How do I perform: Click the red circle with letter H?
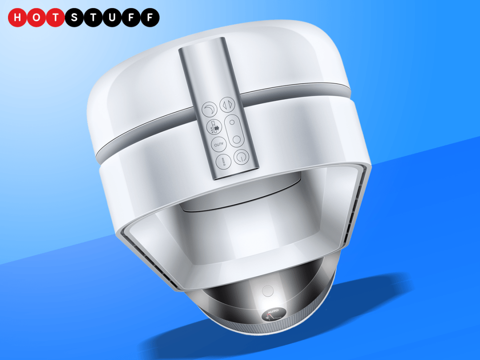(x=17, y=17)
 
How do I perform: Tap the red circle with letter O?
(x=36, y=17)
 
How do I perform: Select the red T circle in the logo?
(x=56, y=17)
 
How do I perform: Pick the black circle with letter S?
(x=74, y=17)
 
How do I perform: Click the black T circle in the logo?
(x=93, y=17)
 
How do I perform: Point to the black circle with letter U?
(x=112, y=17)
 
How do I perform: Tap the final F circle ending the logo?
(x=150, y=17)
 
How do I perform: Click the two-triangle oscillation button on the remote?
(x=228, y=105)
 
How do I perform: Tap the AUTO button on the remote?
(x=219, y=144)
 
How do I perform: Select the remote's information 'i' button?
(x=224, y=161)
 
